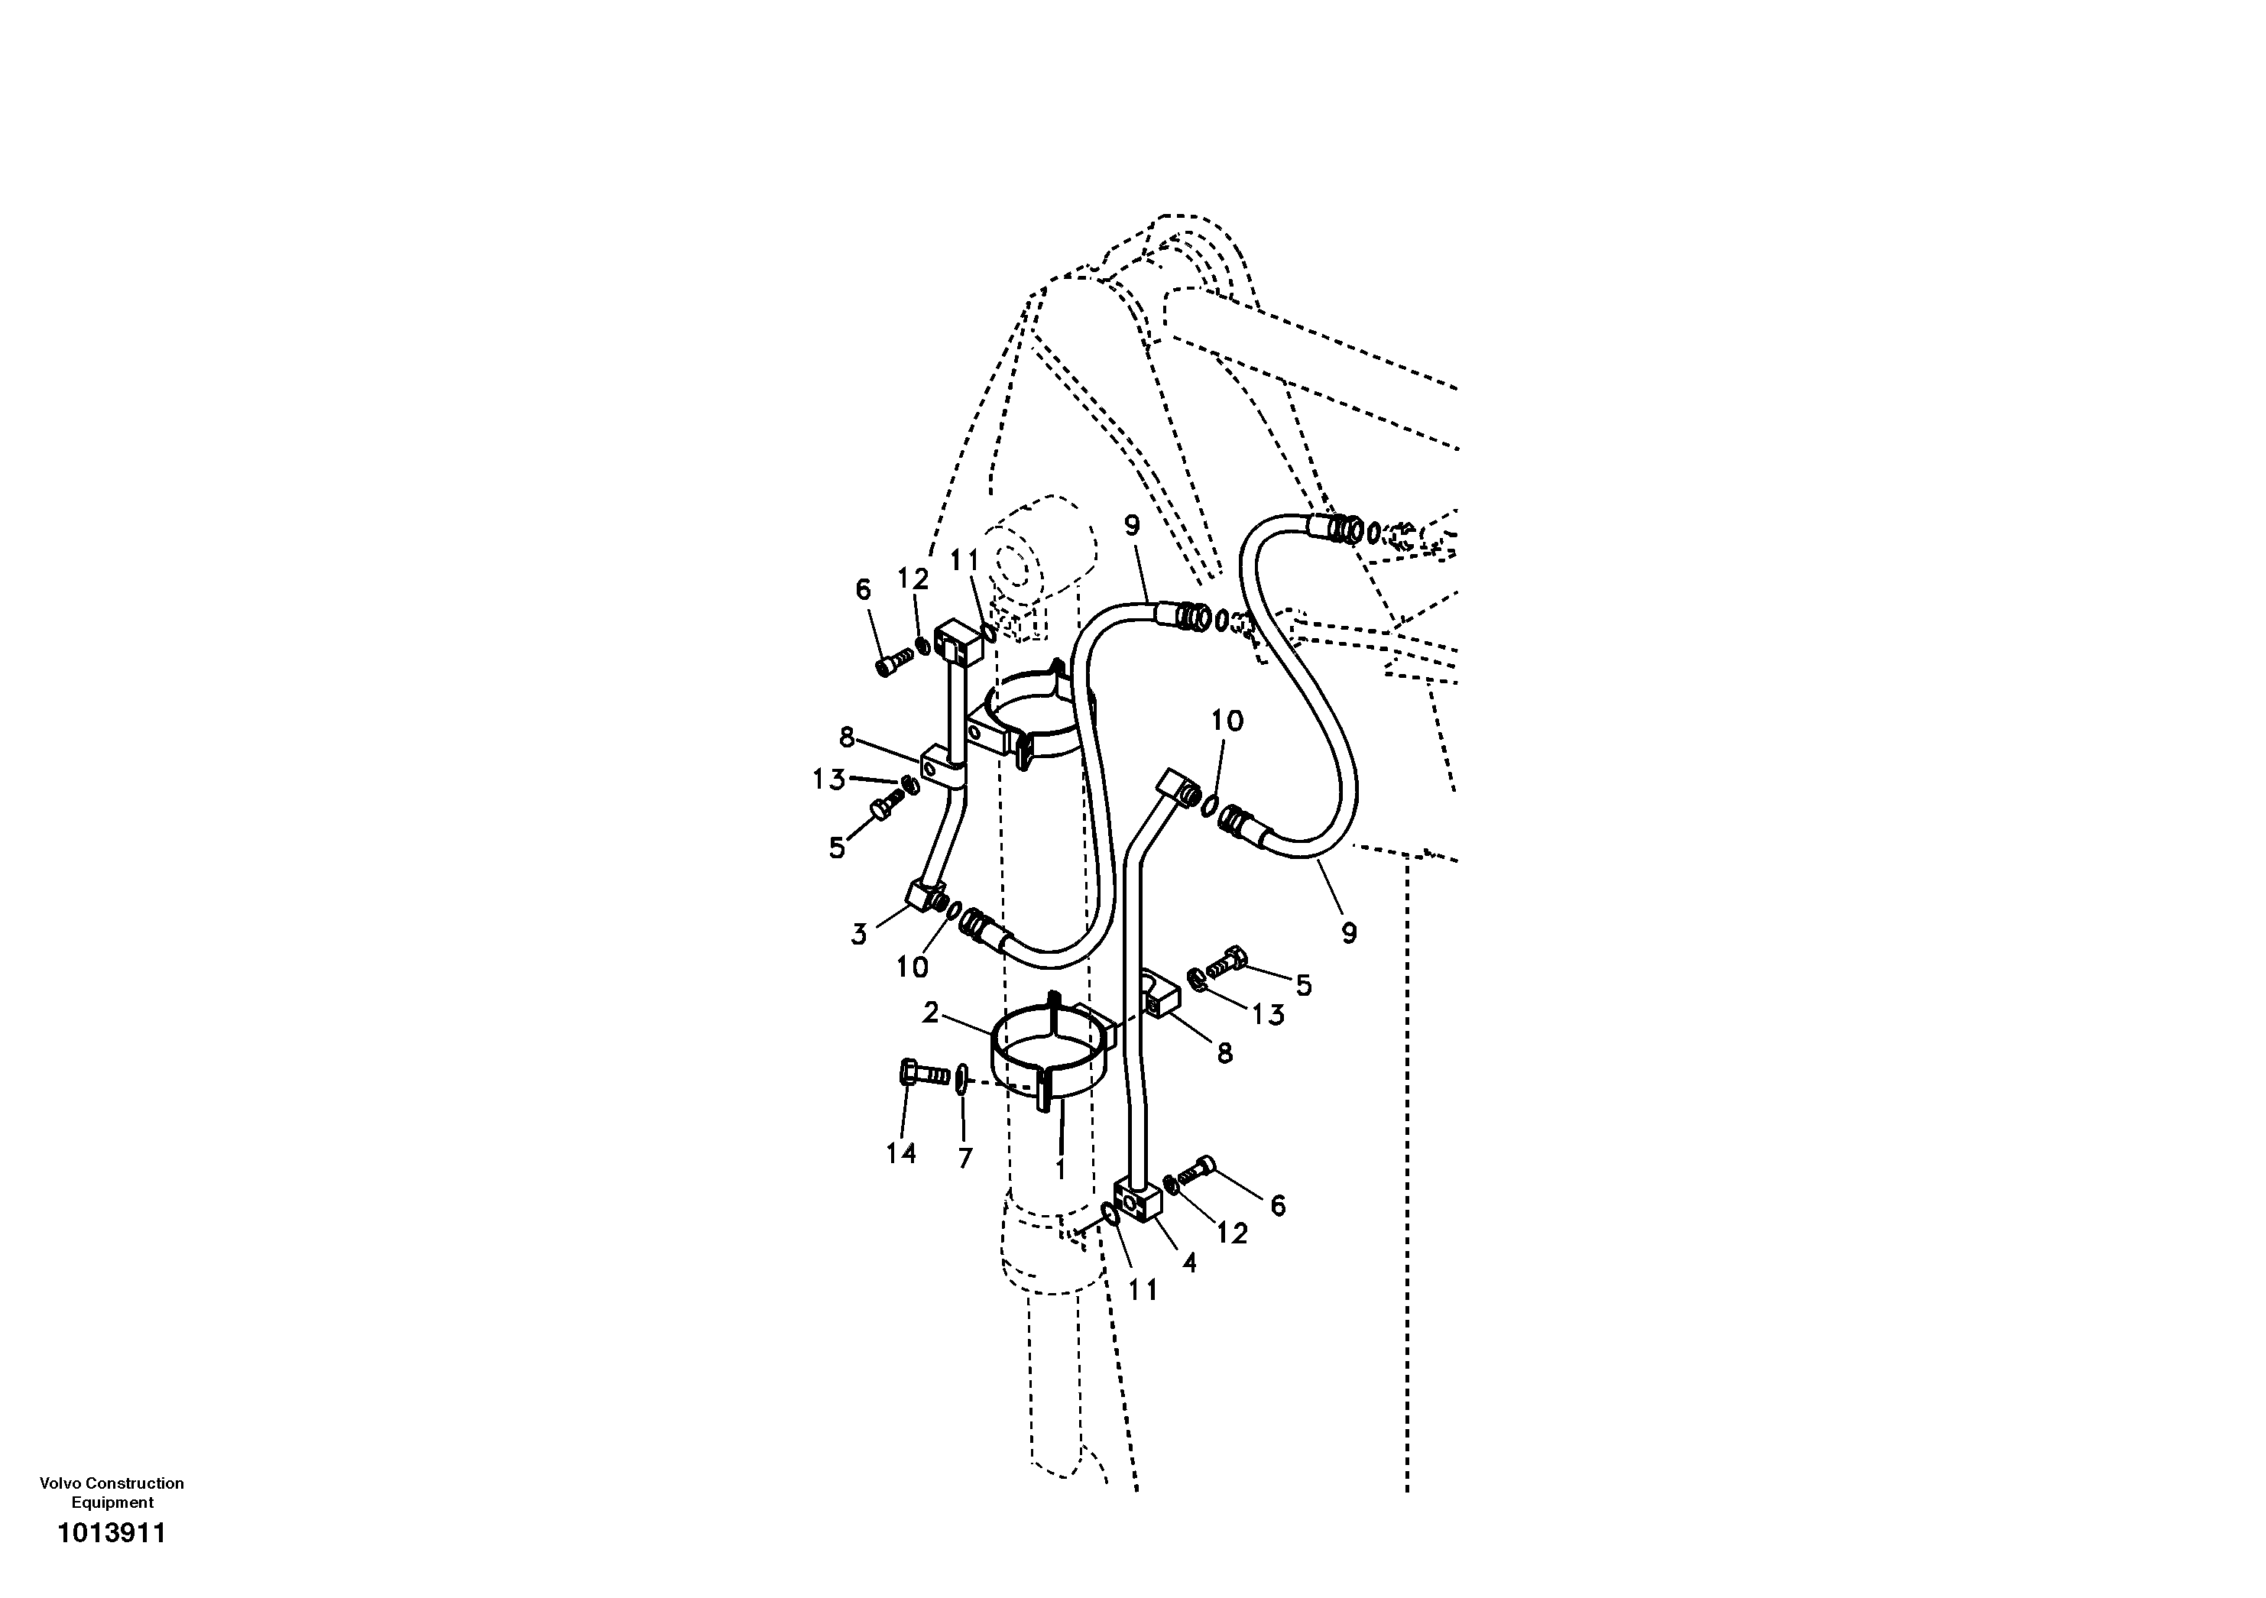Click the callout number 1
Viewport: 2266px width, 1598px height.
(1060, 1169)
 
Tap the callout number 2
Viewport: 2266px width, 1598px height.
(929, 1012)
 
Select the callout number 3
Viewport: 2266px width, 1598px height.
(858, 934)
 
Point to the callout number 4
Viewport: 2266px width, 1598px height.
(1189, 1263)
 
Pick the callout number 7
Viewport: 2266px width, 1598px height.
(965, 1158)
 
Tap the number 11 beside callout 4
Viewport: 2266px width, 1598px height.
(1142, 1290)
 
